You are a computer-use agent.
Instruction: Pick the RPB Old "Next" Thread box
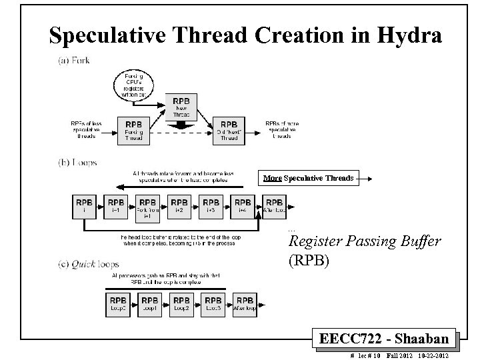229,130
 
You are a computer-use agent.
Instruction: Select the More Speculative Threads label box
309,178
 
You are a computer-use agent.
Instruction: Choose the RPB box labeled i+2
179,207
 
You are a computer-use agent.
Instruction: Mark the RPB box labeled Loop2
181,305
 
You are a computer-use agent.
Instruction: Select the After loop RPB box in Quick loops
245,305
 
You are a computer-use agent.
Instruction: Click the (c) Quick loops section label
87,265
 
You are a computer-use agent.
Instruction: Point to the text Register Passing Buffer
364,241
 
